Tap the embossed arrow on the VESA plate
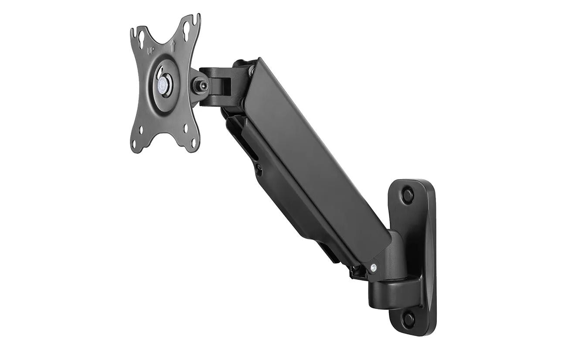click(173, 45)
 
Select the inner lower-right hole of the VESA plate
click(186, 128)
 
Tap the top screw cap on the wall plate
click(407, 194)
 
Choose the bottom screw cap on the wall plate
click(408, 319)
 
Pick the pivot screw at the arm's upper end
click(252, 69)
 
